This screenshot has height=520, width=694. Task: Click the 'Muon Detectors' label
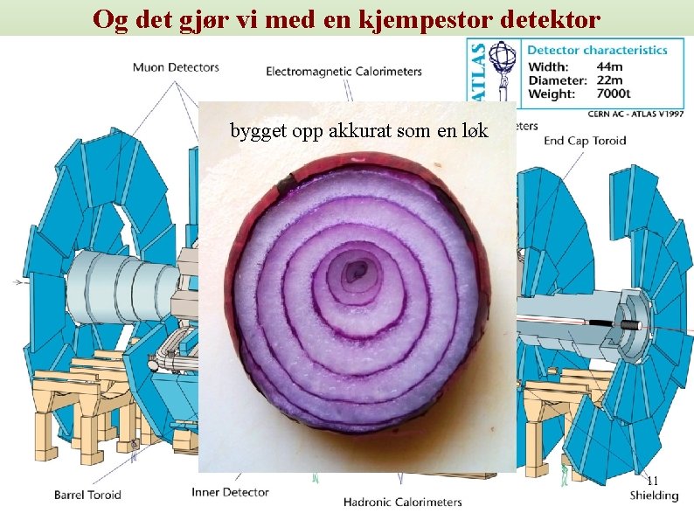click(x=176, y=66)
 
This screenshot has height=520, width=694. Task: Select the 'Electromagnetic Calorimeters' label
click(x=344, y=72)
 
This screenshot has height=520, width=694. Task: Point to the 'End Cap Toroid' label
click(x=585, y=140)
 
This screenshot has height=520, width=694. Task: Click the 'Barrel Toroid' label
click(x=87, y=495)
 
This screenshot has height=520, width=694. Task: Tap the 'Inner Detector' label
click(x=232, y=492)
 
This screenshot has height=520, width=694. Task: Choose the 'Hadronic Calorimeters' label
click(x=402, y=502)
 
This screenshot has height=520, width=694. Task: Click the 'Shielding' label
click(x=654, y=496)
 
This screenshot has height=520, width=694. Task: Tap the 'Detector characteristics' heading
click(x=598, y=51)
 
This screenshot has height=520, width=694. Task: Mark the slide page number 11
click(x=652, y=480)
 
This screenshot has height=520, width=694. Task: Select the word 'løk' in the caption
click(x=474, y=131)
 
